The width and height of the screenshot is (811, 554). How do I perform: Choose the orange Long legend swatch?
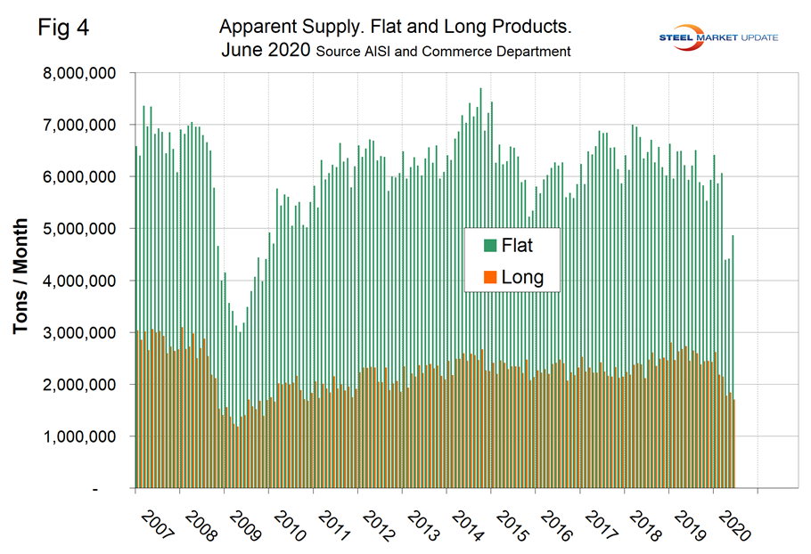point(489,277)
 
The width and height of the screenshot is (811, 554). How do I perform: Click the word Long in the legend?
point(522,277)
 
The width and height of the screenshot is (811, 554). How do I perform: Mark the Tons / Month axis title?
point(21,278)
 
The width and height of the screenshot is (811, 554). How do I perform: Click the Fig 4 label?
point(64,28)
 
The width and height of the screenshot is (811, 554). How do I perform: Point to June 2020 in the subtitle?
point(265,51)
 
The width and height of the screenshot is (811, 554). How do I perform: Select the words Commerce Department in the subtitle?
point(508,52)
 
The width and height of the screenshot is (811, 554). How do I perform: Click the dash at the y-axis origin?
point(118,489)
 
